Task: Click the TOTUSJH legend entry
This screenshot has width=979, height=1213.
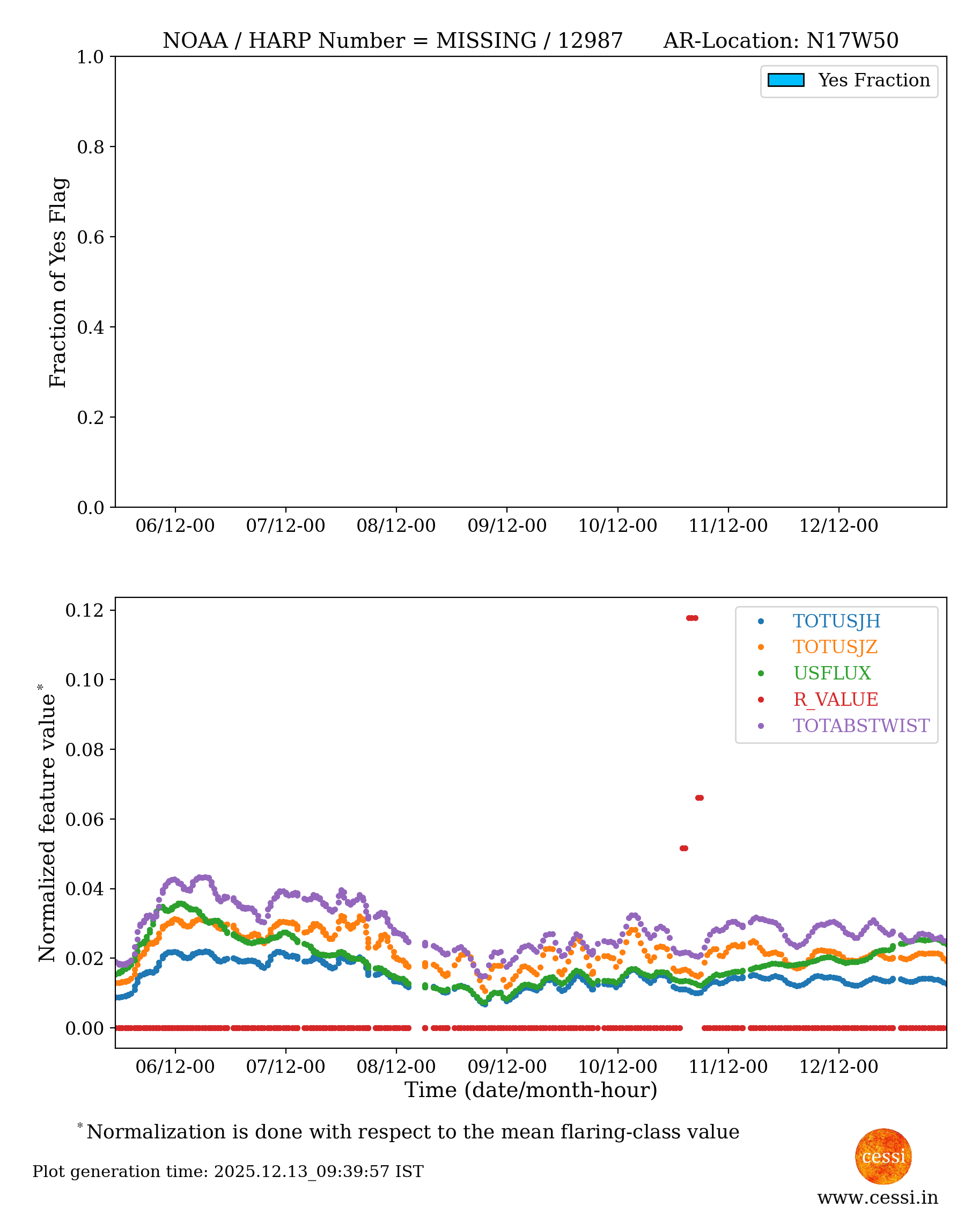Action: coord(836,620)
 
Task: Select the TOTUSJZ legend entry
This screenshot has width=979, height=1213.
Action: coord(835,647)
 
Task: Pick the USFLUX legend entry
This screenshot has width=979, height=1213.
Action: coord(832,673)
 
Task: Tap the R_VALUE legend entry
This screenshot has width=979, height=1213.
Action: coord(835,699)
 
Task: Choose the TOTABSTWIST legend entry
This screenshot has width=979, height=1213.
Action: coord(860,726)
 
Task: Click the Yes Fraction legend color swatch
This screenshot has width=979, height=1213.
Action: coord(785,80)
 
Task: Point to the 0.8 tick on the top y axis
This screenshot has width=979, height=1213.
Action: coord(90,147)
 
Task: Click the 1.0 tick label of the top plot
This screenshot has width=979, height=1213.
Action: coord(90,57)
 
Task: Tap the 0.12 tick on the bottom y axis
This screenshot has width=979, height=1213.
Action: coord(85,610)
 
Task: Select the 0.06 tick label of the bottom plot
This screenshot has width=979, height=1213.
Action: coord(85,819)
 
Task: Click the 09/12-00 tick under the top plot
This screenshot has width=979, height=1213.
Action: coord(506,526)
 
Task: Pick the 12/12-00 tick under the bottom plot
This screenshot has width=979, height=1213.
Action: coord(838,1067)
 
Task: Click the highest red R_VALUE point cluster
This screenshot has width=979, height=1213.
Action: coord(692,618)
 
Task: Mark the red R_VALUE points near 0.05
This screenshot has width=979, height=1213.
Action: coord(683,849)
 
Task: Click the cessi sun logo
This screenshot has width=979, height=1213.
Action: coord(883,1156)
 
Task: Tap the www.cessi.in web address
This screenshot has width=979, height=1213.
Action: coord(878,1197)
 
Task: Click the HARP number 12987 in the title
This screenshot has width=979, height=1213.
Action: coord(590,41)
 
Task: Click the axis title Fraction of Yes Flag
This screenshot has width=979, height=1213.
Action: coord(57,282)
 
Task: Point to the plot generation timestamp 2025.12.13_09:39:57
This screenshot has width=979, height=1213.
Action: coord(301,1172)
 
